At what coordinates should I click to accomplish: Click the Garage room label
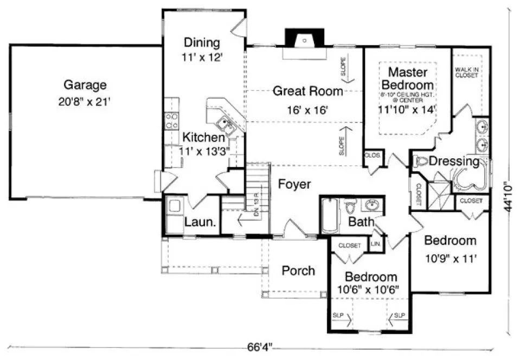coord(85,85)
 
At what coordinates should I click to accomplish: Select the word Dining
coord(202,42)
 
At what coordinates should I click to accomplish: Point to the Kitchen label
coord(202,137)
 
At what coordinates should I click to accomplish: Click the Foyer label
coord(294,184)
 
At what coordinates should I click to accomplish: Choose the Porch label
coord(298,270)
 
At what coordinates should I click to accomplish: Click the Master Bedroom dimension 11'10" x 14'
coord(408,108)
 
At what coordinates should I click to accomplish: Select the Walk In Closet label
coord(466,72)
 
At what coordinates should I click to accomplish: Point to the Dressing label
coord(454,161)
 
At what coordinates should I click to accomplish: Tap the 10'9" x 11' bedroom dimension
coord(450,259)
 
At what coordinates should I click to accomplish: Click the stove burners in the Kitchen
coord(172,120)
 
